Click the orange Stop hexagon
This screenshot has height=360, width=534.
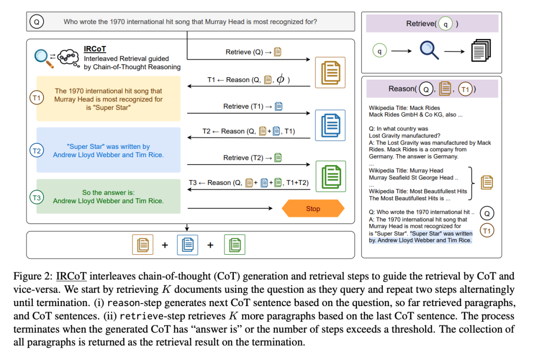pyautogui.click(x=313, y=209)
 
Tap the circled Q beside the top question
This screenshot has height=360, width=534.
pyautogui.click(x=37, y=22)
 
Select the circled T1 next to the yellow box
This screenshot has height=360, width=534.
pyautogui.click(x=37, y=98)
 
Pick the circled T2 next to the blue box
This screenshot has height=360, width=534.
pyautogui.click(x=37, y=151)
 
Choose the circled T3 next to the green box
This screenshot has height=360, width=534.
pyautogui.click(x=37, y=198)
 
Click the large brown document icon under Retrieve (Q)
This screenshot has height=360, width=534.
pyautogui.click(x=330, y=72)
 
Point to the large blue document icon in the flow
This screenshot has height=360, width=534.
pyautogui.click(x=330, y=125)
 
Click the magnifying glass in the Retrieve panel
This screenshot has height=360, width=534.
pyautogui.click(x=428, y=50)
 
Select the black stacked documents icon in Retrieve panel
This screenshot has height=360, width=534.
pyautogui.click(x=481, y=50)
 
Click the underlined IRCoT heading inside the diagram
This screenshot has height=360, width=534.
pyautogui.click(x=95, y=49)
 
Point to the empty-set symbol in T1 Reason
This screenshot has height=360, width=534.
pyautogui.click(x=280, y=79)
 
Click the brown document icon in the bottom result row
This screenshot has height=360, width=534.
pyautogui.click(x=142, y=245)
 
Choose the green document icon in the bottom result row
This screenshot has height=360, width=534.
pyautogui.click(x=235, y=245)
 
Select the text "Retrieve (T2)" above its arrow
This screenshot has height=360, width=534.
pyautogui.click(x=243, y=158)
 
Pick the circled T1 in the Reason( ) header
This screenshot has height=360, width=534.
pyautogui.click(x=465, y=89)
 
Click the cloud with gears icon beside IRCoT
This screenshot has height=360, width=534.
pyautogui.click(x=66, y=57)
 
